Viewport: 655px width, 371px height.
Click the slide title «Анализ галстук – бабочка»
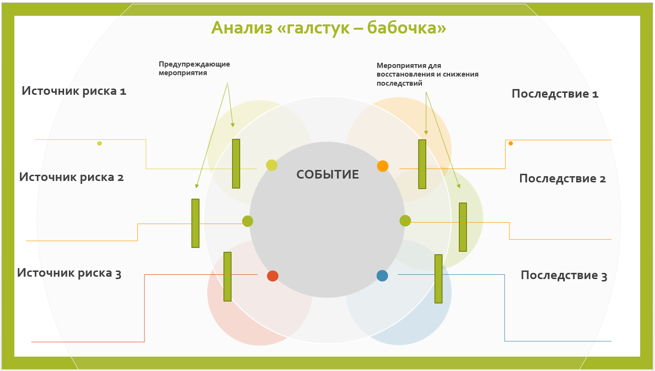329,28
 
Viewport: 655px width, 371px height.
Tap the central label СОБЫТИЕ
328,175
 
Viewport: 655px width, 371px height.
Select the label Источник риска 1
74,91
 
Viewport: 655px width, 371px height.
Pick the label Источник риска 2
72,177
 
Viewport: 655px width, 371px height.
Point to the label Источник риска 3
69,273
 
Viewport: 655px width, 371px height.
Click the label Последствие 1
555,94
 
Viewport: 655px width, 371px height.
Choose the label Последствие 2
563,179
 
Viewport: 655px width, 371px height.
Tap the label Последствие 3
564,275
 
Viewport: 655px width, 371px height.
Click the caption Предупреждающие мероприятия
194,68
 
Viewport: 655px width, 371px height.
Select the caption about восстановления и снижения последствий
427,74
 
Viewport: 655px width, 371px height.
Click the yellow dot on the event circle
272,165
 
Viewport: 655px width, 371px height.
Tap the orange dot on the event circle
383,166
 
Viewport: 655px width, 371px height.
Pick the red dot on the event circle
273,276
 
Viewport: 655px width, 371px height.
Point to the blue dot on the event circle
382,276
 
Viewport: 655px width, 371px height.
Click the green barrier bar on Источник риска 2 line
195,223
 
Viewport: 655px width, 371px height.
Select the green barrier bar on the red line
227,276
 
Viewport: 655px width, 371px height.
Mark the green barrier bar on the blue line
438,279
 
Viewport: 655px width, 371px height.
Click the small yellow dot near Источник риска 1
100,143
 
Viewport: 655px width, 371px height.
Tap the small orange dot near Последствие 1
511,143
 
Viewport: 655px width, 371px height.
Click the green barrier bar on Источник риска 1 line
236,164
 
